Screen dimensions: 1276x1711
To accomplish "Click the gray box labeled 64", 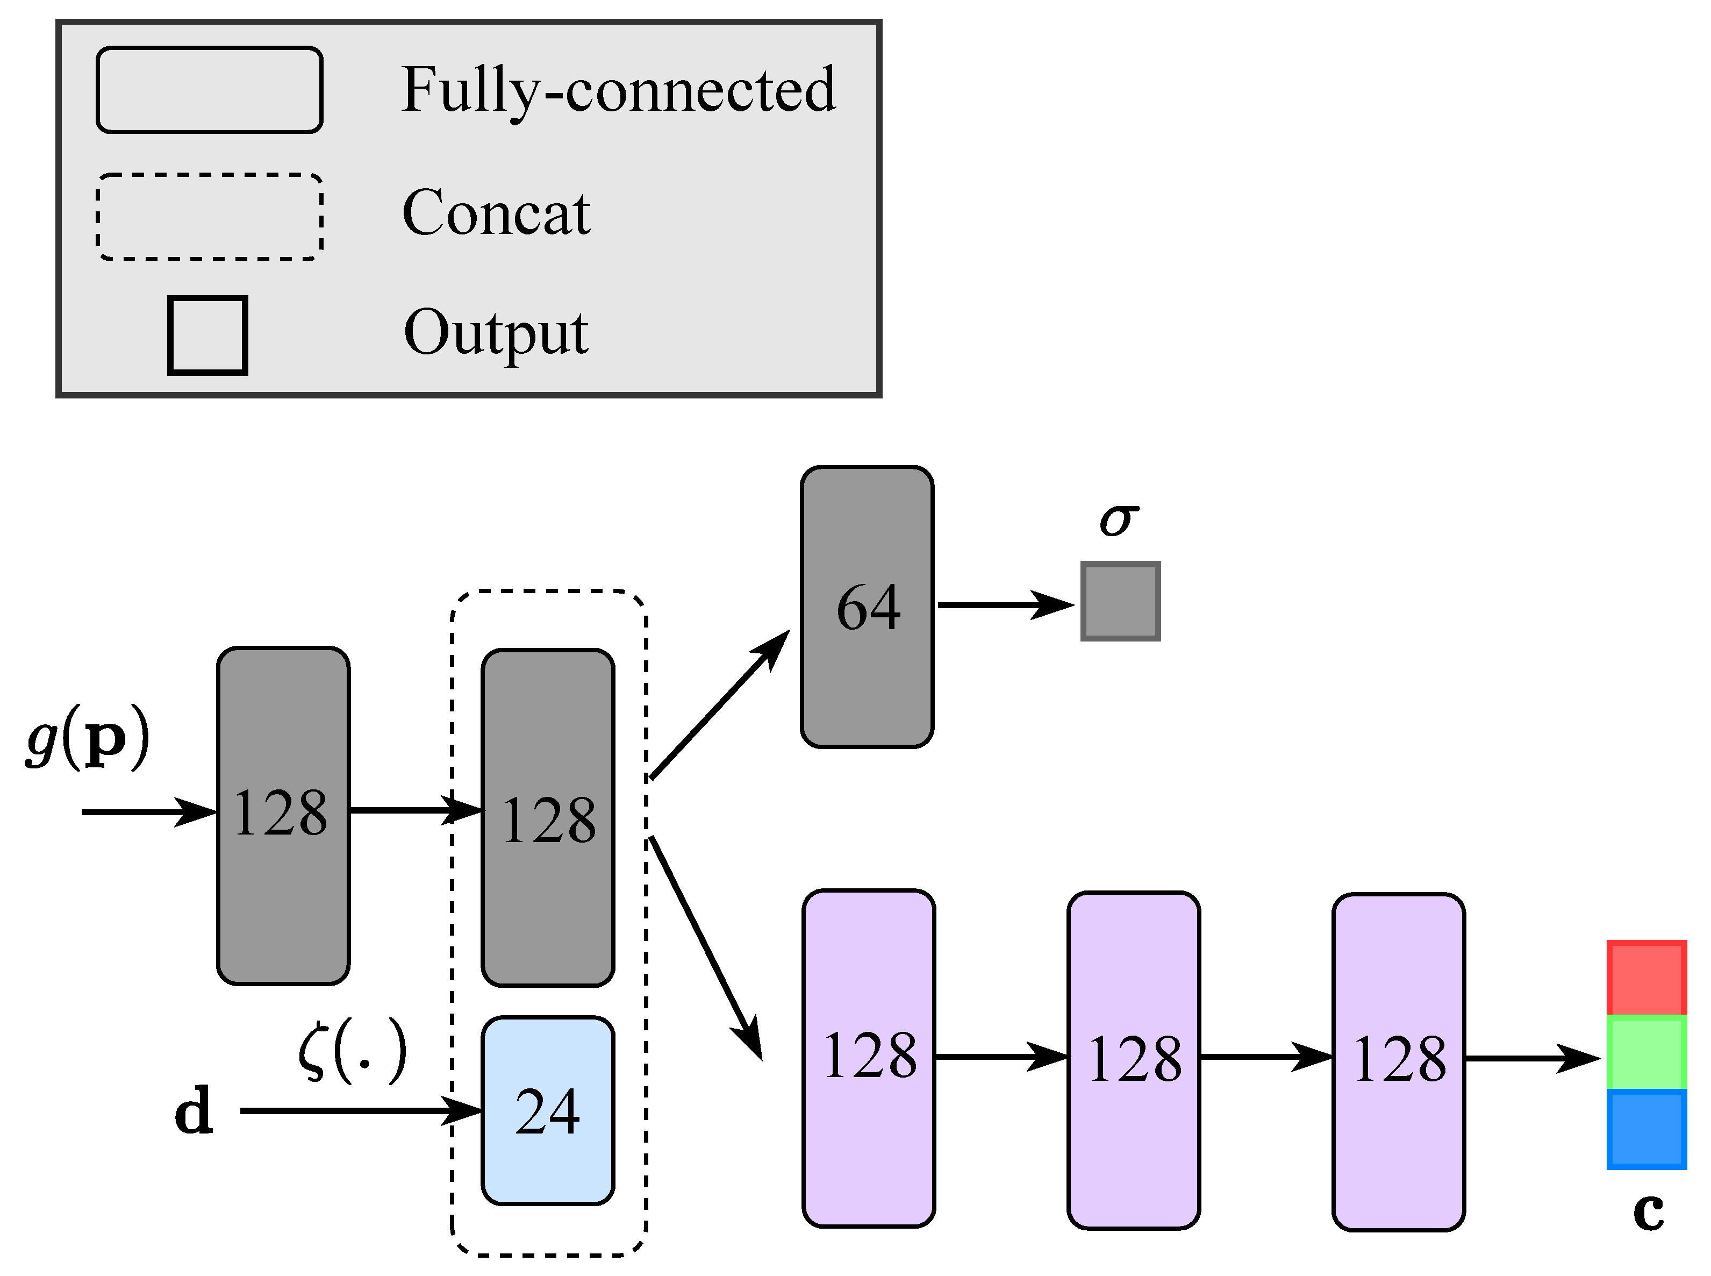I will coord(867,607).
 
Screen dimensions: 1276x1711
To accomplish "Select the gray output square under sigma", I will coord(1120,601).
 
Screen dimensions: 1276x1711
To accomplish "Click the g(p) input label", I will coord(87,738).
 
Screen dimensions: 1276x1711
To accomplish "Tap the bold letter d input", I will coord(193,1111).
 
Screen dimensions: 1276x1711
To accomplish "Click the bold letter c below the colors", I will coord(1648,1211).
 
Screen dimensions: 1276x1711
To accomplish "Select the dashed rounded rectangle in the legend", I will coord(209,216).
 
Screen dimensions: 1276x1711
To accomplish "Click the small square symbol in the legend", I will coord(207,335).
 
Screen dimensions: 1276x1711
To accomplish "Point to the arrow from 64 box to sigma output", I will coord(1004,605).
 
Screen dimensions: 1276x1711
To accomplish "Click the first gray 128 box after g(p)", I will coord(283,815).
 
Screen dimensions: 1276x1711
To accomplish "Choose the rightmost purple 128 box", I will coord(1398,1060).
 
